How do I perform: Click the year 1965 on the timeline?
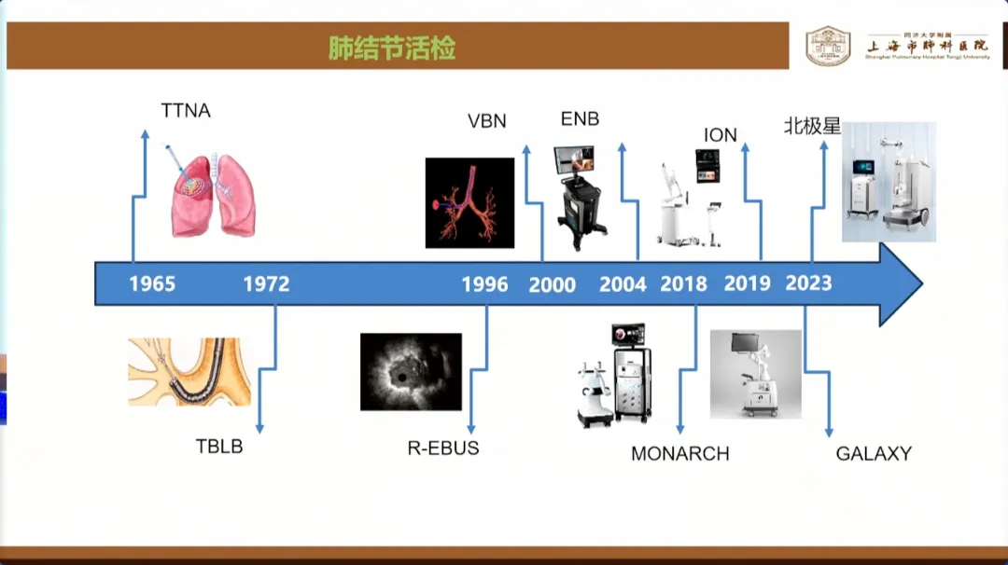pos(152,283)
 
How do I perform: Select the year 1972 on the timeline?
pos(266,283)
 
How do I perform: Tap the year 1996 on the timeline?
pos(484,284)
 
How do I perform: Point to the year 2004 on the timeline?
pos(623,284)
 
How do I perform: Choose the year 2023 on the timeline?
pos(808,282)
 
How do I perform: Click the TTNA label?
pos(186,111)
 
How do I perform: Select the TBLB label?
pos(219,447)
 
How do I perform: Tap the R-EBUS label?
pos(443,448)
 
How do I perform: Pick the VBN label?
pos(487,120)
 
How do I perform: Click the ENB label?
pos(580,119)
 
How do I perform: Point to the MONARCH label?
pos(679,454)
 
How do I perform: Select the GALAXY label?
pos(874,454)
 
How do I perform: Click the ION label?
pos(721,135)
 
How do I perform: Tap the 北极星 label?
pos(812,126)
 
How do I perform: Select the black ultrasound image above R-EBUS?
pos(411,372)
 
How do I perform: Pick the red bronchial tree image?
pos(469,202)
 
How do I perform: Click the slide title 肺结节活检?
pos(392,48)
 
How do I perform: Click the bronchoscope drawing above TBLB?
pos(184,371)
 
